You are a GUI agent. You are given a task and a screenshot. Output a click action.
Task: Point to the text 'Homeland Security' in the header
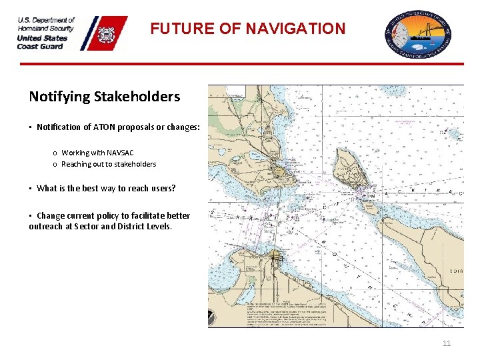click(x=46, y=29)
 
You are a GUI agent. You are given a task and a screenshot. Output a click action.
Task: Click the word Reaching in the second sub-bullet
click(x=77, y=164)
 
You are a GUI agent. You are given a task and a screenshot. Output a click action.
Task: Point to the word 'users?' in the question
click(x=161, y=188)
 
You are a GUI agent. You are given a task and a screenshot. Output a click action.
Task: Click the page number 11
click(x=446, y=343)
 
